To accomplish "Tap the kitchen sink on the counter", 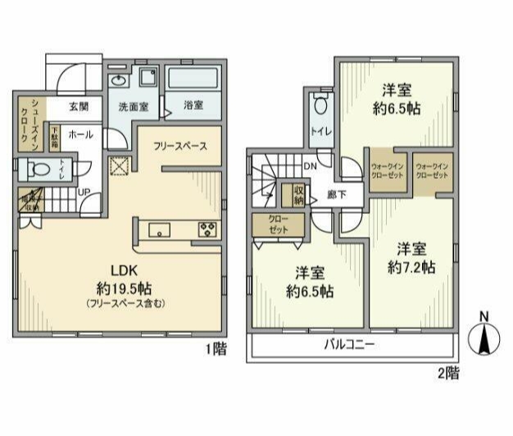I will coord(160,229).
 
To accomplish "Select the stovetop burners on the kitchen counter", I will coord(206,229).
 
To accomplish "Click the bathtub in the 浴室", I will coord(195,82).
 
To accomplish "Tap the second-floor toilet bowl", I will coord(320,107).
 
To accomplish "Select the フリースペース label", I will coord(179,147).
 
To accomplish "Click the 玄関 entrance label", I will coord(79,107).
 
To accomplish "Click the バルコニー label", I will coord(347,345).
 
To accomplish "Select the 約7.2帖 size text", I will coord(411,268).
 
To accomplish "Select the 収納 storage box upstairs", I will coord(293,195).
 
